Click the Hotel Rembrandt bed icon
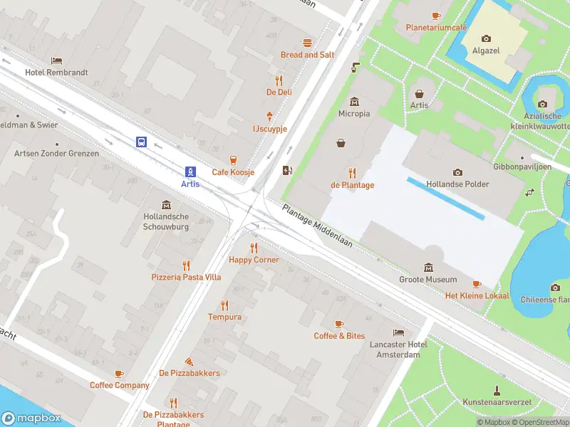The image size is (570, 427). (x=56, y=61)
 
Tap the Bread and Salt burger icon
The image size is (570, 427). (x=307, y=43)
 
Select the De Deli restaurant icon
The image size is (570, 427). (x=279, y=80)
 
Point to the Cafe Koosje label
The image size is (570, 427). (x=233, y=172)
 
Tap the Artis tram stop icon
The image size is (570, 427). (x=190, y=172)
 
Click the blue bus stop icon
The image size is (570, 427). (x=141, y=142)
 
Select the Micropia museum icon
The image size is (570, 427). (x=354, y=102)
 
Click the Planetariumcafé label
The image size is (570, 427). (x=436, y=28)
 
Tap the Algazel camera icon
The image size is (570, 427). (x=486, y=38)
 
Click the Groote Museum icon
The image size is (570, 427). (x=428, y=268)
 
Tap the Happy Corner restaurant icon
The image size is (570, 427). (x=254, y=248)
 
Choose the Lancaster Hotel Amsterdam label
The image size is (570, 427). (x=398, y=349)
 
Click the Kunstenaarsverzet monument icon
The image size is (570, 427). (x=497, y=390)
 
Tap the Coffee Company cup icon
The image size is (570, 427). (x=119, y=374)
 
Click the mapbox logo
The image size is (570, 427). (x=31, y=418)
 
